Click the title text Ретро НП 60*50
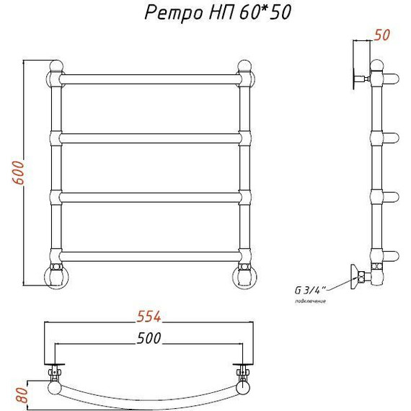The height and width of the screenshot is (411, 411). pos(208,14)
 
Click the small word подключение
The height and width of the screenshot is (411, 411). pos(310,300)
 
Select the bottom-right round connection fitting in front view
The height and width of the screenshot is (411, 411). pos(244,276)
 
